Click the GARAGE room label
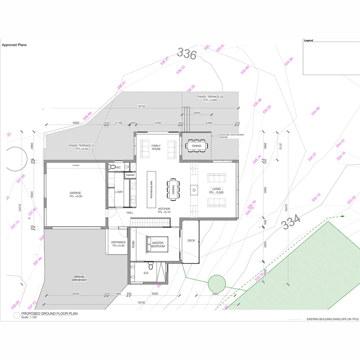75,195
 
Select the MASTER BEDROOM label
158,245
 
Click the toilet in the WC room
113,167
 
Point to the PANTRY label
130,175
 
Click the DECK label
191,240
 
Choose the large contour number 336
187,54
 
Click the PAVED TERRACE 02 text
210,98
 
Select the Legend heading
308,40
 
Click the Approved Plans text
14,45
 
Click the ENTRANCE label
118,244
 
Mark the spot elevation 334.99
289,62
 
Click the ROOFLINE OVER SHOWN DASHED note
231,136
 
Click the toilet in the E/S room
151,267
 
